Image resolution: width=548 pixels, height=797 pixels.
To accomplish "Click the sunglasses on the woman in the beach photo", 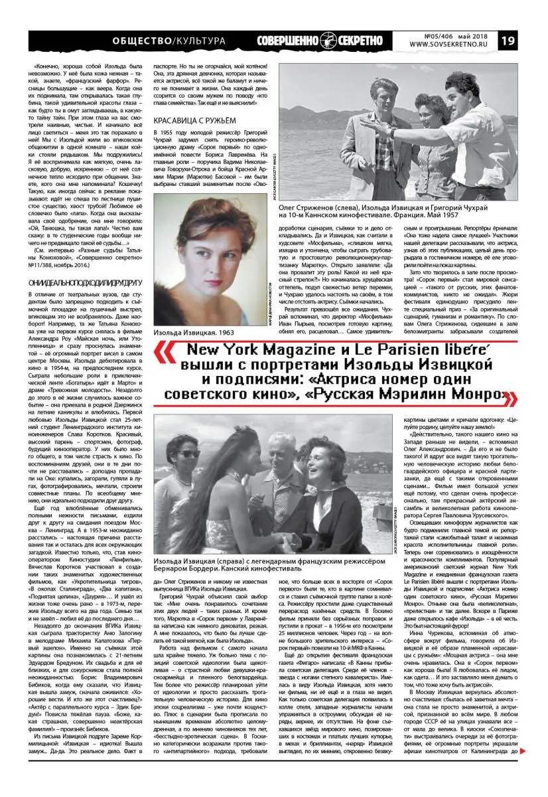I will click(x=188, y=454).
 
